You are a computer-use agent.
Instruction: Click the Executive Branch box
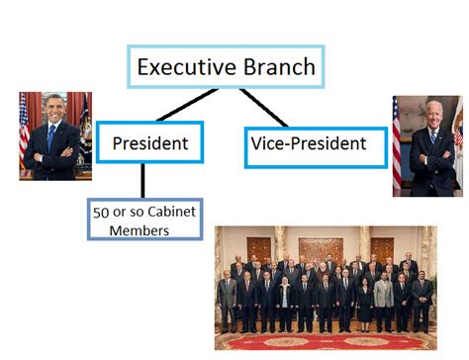tap(225, 67)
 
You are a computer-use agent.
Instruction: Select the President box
tap(149, 143)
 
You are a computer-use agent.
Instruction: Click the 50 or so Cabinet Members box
tap(131, 221)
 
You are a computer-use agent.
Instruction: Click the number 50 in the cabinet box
tap(99, 212)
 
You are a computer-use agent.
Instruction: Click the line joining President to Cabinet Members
tap(142, 180)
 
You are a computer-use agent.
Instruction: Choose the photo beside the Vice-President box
tap(427, 145)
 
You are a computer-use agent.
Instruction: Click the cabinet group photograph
tap(325, 287)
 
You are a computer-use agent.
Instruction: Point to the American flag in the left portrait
tap(24, 124)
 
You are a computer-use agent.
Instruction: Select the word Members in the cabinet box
tap(131, 230)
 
